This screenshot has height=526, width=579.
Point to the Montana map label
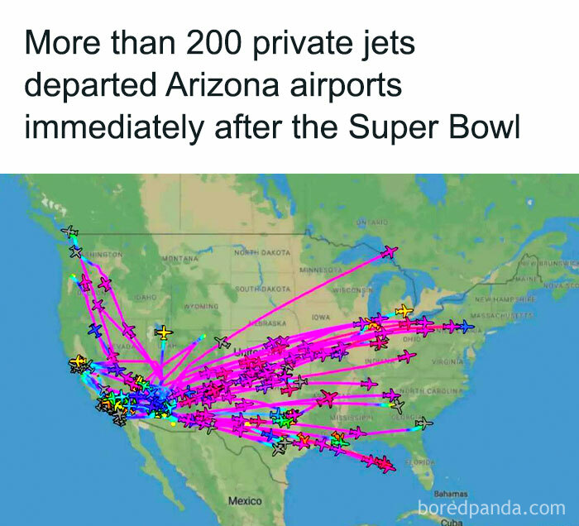(x=180, y=259)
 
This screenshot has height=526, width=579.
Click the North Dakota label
(x=262, y=251)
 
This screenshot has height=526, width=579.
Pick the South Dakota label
(x=263, y=289)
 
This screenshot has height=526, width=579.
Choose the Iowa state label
(x=322, y=317)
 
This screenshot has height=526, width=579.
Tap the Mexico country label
(x=245, y=501)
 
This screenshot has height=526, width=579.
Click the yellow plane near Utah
(x=165, y=332)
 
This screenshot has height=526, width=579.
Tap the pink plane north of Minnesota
(x=389, y=251)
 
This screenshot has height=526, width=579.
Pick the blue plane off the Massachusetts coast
(x=467, y=327)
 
